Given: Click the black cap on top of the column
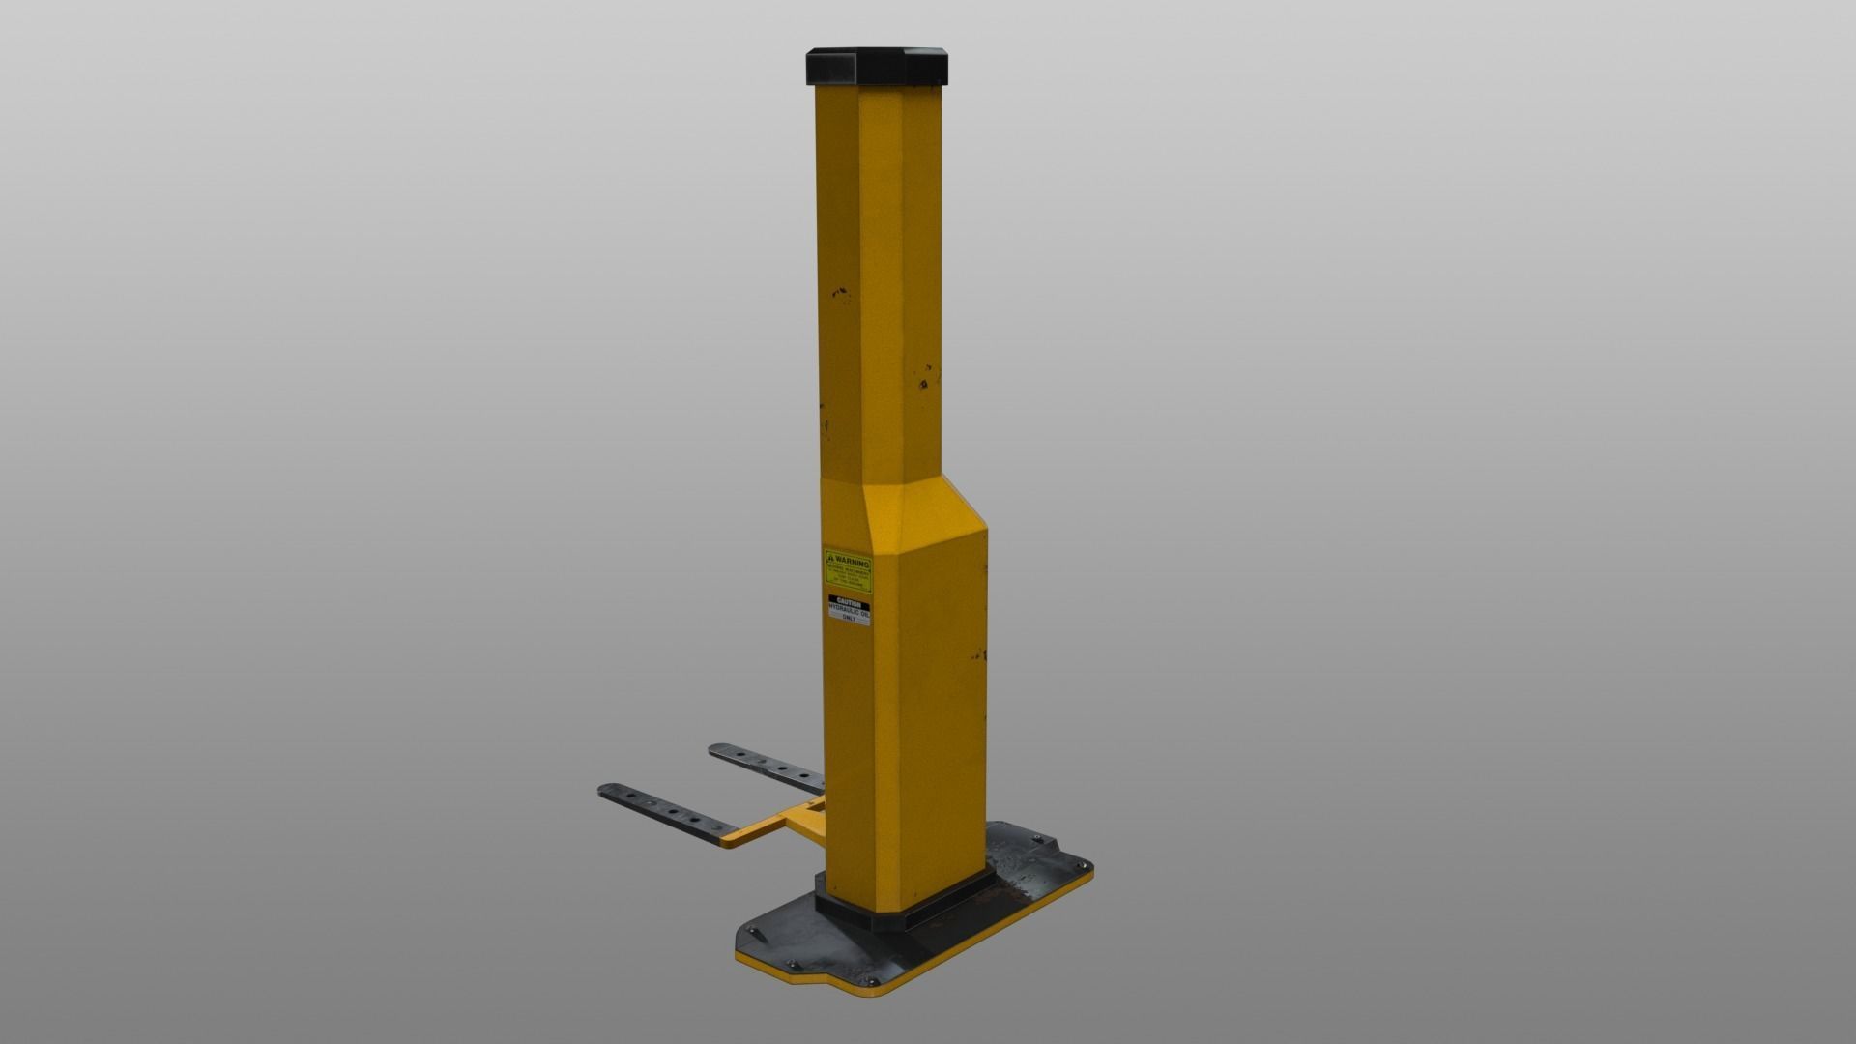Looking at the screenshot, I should [878, 66].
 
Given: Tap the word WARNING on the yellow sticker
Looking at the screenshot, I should [852, 561].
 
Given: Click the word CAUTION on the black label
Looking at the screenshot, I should [848, 603].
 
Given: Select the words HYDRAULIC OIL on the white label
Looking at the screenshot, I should [849, 613].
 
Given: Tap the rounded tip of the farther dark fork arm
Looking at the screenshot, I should [716, 749].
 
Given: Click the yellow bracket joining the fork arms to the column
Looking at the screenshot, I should [773, 822].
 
